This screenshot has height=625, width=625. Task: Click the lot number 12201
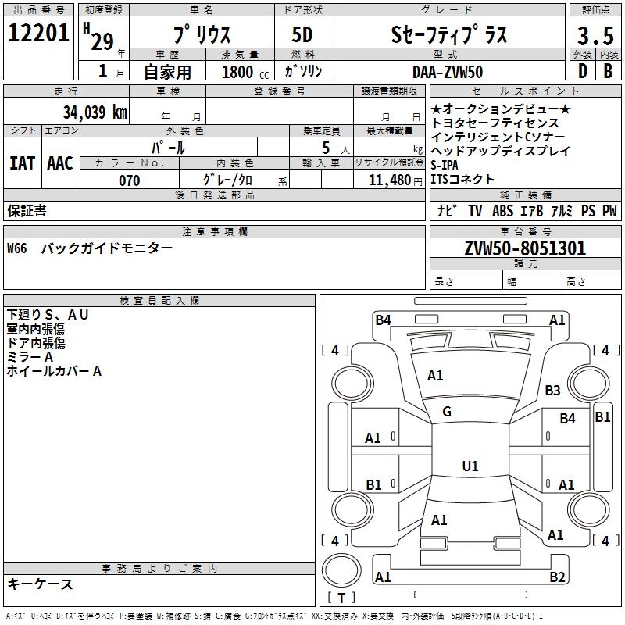click(x=38, y=34)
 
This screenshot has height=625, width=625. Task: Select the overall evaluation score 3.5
click(x=595, y=35)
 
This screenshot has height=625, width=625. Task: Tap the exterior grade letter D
click(x=581, y=71)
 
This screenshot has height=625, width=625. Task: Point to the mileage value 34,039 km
click(x=95, y=111)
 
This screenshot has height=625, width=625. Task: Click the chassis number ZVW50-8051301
click(x=525, y=248)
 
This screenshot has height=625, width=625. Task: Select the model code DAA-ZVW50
click(x=448, y=72)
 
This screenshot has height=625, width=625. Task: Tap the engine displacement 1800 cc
click(x=241, y=72)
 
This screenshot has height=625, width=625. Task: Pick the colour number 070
click(x=130, y=180)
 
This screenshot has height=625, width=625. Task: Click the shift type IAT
click(x=22, y=163)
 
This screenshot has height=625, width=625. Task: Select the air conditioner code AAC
click(x=60, y=163)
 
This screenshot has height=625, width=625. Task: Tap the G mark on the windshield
click(x=447, y=411)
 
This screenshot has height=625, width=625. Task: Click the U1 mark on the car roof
click(x=470, y=466)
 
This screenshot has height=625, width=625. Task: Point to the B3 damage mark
click(x=553, y=390)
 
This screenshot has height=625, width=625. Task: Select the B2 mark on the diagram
click(x=557, y=577)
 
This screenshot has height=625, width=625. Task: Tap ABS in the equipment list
click(x=502, y=211)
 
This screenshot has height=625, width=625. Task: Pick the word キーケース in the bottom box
click(x=40, y=584)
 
